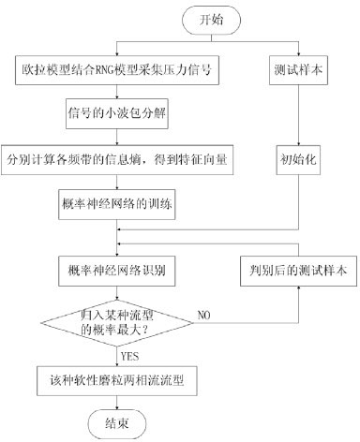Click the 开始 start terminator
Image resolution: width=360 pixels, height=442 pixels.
tap(211, 20)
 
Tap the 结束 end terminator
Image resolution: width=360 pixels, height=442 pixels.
tap(117, 424)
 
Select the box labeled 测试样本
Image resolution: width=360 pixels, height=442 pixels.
tap(298, 70)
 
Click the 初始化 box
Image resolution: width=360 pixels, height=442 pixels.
tap(298, 159)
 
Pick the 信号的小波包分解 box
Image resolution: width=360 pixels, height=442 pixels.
tap(117, 113)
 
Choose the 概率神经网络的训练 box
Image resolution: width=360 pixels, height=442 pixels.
tap(117, 204)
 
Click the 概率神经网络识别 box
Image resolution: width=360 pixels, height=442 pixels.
tap(117, 271)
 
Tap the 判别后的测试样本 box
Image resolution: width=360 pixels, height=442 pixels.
tap(298, 271)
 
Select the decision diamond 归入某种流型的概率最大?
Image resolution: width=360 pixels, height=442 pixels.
tap(117, 323)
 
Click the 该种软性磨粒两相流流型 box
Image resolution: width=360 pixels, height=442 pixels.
tap(117, 381)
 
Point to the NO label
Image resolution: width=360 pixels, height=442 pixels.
tap(203, 316)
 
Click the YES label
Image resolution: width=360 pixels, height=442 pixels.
tap(129, 356)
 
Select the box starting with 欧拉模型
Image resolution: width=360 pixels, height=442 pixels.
tap(117, 70)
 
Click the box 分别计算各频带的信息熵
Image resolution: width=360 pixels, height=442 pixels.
tap(117, 159)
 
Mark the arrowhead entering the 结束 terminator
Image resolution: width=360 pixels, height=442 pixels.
tap(117, 407)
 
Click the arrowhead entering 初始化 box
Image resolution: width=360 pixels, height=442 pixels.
tap(298, 143)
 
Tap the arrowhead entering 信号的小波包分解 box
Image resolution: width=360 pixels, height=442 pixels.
tap(117, 96)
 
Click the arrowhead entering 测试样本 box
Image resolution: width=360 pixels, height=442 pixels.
tap(298, 53)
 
